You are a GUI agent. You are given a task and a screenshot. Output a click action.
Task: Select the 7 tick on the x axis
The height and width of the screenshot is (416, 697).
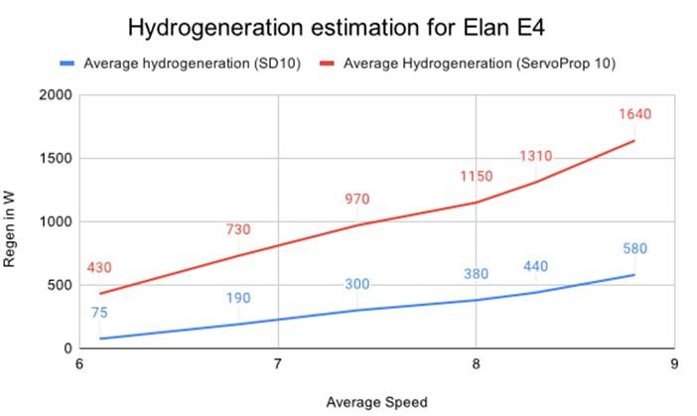278,364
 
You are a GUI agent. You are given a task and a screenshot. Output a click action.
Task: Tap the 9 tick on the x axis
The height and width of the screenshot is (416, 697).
673,364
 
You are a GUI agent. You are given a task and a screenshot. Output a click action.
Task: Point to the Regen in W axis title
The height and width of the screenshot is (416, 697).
19,221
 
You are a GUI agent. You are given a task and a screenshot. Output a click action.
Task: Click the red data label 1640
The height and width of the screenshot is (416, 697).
634,114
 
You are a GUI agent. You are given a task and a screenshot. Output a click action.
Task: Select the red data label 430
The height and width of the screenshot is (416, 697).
99,268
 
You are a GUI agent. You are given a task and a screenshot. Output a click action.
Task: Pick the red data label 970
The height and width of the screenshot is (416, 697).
356,200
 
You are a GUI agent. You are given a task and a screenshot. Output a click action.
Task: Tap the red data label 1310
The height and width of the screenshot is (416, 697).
535,156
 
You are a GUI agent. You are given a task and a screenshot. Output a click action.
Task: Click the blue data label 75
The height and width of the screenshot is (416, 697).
99,313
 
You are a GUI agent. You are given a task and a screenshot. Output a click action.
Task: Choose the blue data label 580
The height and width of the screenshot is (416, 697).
634,249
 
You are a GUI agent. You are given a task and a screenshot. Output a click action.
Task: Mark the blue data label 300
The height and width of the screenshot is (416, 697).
356,285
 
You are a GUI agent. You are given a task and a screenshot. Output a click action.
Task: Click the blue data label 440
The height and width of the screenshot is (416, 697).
535,266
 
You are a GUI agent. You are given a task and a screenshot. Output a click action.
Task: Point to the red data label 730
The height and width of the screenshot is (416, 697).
238,230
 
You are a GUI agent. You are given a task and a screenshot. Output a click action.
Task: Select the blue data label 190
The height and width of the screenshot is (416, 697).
238,298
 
